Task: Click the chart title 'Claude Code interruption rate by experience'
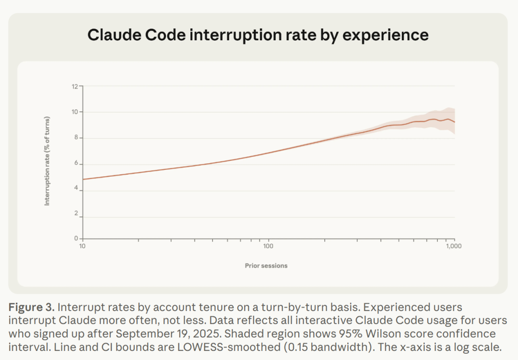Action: click(x=258, y=35)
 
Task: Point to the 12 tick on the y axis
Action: click(x=74, y=86)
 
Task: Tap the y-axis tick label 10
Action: click(x=74, y=112)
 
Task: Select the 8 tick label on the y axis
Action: click(x=75, y=138)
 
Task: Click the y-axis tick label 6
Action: click(x=75, y=164)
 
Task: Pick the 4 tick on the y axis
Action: click(x=75, y=191)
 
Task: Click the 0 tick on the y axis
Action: click(x=75, y=238)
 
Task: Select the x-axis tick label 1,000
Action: click(x=454, y=247)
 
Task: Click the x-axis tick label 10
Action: click(x=82, y=247)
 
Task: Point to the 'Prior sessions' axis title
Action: click(x=266, y=265)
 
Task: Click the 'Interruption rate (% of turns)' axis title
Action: click(x=47, y=161)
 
